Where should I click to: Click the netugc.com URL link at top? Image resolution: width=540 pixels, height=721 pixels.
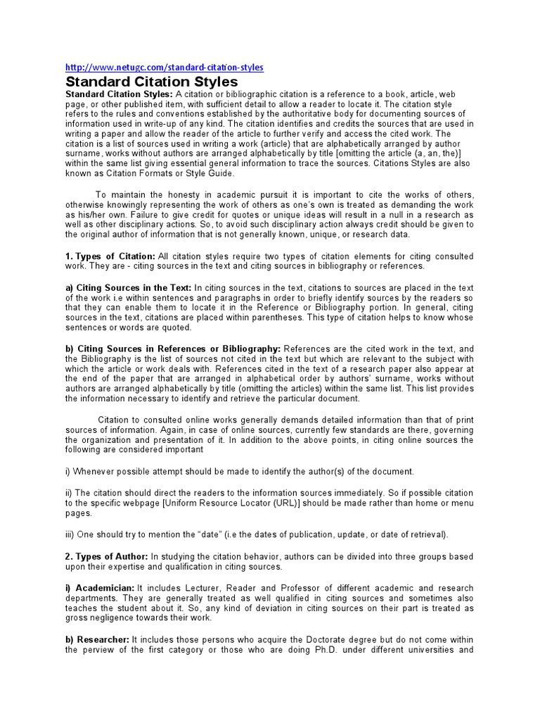164,68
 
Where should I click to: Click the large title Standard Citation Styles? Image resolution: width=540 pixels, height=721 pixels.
151,82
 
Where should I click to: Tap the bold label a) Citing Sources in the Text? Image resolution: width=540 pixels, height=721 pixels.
128,287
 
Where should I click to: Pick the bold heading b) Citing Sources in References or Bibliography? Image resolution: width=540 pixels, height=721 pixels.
173,349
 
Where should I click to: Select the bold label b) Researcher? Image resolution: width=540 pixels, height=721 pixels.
97,639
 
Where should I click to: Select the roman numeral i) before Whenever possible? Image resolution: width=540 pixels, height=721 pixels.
69,472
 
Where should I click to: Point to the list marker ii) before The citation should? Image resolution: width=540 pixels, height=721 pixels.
70,493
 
